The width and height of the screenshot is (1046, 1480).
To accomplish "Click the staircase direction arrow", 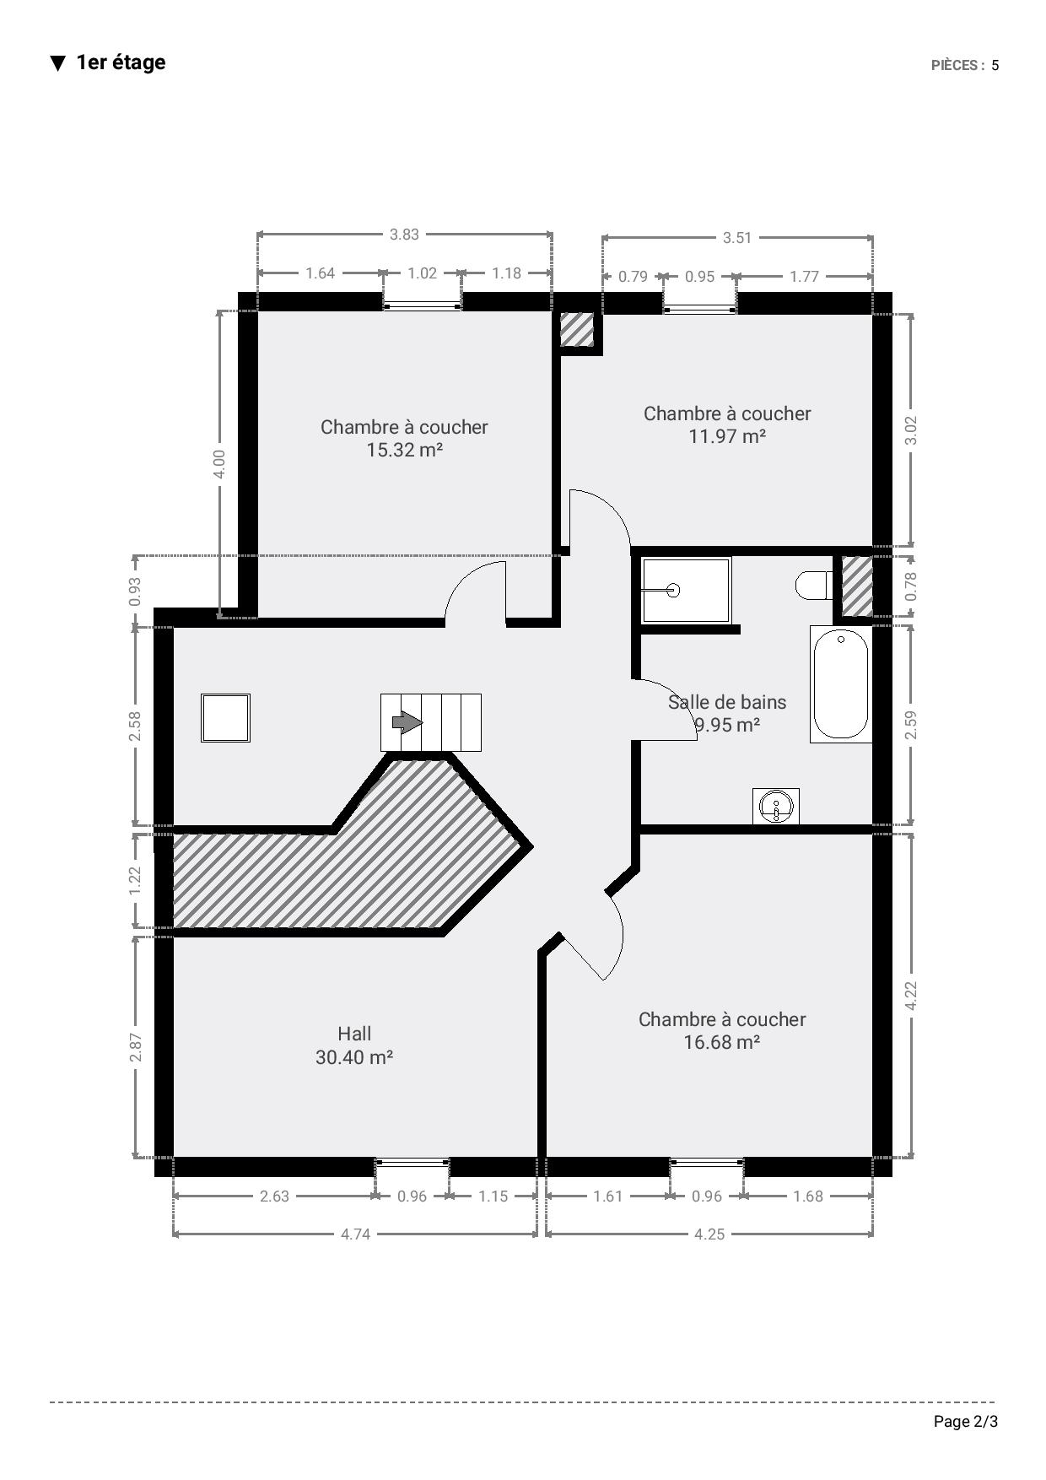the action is [407, 722].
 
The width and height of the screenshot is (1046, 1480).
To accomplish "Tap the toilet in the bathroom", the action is [814, 586].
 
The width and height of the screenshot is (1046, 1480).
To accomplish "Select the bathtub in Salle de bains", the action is [840, 684].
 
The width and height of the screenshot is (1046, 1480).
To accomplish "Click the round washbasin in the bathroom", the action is [775, 806].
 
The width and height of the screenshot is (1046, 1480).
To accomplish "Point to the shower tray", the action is [686, 591].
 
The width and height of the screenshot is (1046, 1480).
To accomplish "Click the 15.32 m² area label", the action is [404, 450].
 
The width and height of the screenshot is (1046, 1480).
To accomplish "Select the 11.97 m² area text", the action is [727, 436].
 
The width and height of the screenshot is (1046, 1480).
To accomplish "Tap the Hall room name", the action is [354, 1034].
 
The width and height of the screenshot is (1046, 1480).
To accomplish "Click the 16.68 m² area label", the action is [722, 1042].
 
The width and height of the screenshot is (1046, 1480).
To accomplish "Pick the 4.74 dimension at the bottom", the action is [355, 1234].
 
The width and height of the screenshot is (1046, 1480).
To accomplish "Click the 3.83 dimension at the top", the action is [404, 235].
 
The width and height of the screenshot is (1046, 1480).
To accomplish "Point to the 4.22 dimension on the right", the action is [910, 996].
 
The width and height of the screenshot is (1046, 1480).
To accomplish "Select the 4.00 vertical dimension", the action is [219, 464].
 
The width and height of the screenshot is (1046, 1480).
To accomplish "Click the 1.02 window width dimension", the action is [422, 273].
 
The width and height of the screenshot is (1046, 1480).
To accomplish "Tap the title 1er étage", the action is [121, 62].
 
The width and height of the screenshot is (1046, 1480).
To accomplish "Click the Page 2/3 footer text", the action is [966, 1422].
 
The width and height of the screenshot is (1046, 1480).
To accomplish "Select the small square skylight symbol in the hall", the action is [225, 718].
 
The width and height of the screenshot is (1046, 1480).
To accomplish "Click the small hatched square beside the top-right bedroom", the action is [579, 330].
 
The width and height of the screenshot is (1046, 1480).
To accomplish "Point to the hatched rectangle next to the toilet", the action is [858, 586].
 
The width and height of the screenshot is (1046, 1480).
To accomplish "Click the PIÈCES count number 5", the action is [995, 66].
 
